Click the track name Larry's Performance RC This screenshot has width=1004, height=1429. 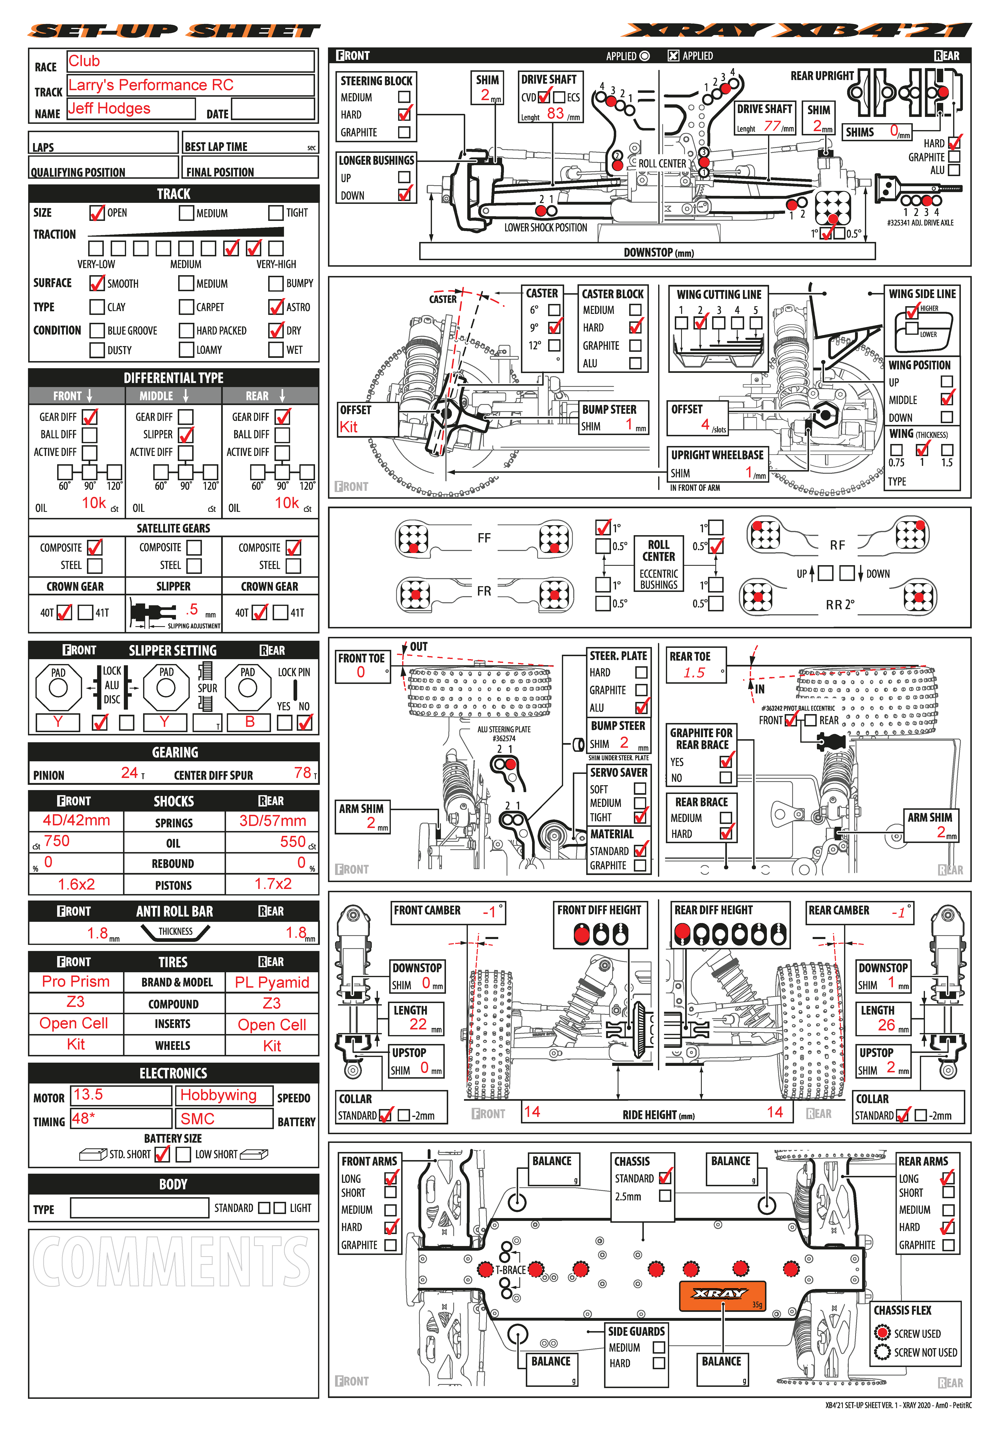[x=151, y=85]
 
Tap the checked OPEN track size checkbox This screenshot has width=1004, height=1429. [x=97, y=213]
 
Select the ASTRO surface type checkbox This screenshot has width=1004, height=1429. [x=276, y=307]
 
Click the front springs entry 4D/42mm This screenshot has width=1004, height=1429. [x=76, y=820]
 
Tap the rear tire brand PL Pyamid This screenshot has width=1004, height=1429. [x=272, y=982]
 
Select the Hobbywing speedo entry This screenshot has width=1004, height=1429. [x=219, y=1095]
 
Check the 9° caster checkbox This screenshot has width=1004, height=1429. [x=554, y=327]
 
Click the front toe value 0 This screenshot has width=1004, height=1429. [x=361, y=672]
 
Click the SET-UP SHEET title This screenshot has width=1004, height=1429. [x=174, y=30]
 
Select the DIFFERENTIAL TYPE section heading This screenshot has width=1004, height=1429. [x=174, y=378]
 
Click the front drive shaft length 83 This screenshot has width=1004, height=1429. [x=555, y=113]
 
